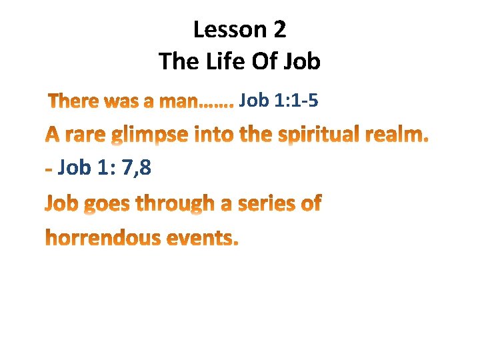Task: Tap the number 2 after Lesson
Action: point(279,29)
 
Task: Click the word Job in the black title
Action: point(302,61)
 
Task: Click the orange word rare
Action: point(84,135)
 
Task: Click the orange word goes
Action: point(106,204)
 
